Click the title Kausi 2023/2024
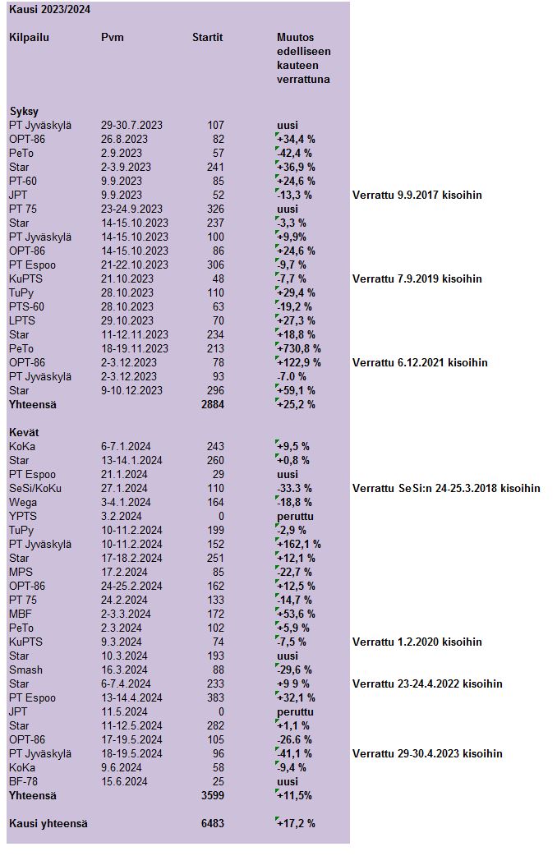(49, 10)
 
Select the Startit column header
(208, 38)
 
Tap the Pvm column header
(113, 38)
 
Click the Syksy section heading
(24, 112)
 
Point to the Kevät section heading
(24, 432)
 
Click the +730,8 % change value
(299, 348)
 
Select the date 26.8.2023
(124, 139)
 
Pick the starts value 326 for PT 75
(216, 209)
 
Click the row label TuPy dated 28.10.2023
(21, 292)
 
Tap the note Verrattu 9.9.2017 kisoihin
(417, 195)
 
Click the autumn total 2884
(213, 404)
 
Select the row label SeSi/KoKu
(35, 488)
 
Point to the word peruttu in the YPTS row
(295, 517)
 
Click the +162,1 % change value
(299, 545)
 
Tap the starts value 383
(216, 697)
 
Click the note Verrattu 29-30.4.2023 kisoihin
(427, 753)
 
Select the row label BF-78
(23, 781)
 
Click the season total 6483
(213, 823)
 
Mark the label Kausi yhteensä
(48, 823)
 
